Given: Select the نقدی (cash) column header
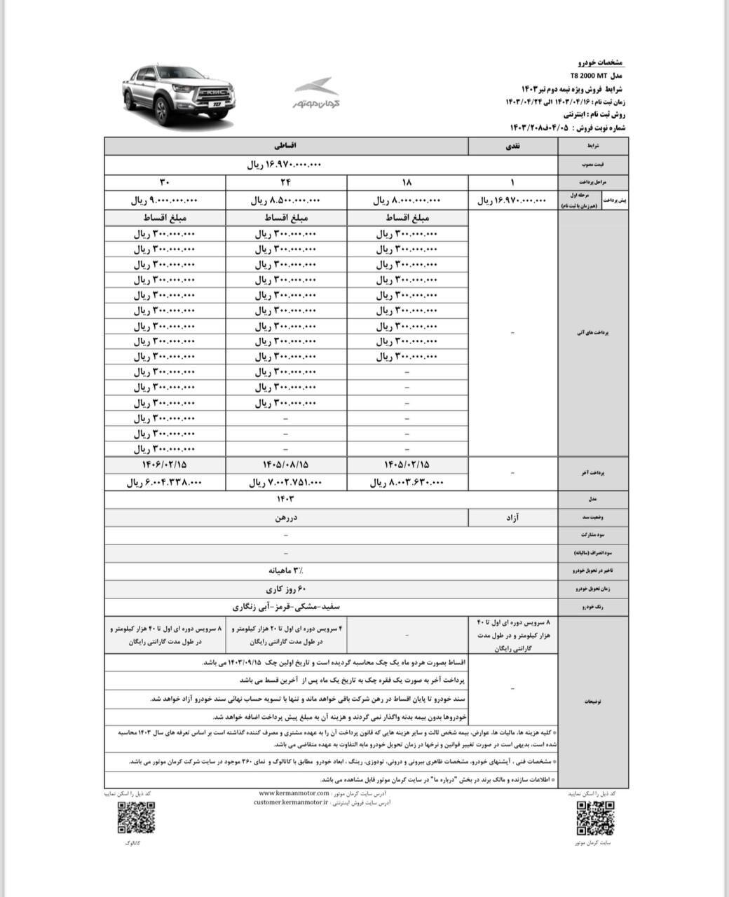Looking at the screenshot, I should click(513, 146).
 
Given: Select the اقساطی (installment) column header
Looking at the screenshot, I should click(286, 146).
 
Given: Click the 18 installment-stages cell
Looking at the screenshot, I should click(407, 182).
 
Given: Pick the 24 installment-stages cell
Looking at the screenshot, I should click(286, 182).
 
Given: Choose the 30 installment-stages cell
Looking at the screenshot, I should click(165, 182).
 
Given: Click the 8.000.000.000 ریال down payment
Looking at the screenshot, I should click(407, 200).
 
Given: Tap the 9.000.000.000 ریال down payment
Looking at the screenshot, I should click(165, 200).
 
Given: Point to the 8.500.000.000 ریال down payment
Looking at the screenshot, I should click(286, 200).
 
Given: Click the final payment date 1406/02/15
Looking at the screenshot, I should click(165, 465).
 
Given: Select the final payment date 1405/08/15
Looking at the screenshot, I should click(286, 465).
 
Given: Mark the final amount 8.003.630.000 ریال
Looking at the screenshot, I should click(407, 482).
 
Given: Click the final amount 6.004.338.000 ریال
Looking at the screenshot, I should click(165, 482).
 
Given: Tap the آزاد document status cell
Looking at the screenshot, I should click(513, 518).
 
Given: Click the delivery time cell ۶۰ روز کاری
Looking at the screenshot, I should click(286, 588).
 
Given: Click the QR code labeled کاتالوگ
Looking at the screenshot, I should click(136, 818).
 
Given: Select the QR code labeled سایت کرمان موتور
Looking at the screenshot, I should click(595, 818).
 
